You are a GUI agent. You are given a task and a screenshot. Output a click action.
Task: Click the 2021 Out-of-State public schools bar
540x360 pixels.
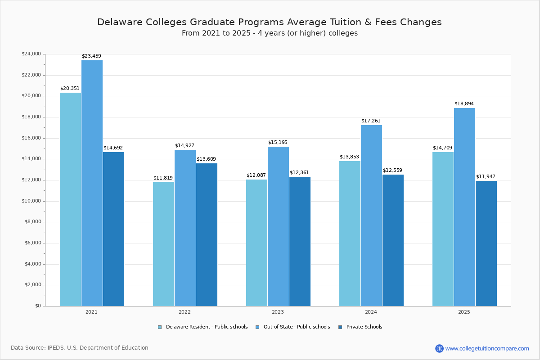point(92,183)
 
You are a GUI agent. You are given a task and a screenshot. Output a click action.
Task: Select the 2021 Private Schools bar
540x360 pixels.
point(113,229)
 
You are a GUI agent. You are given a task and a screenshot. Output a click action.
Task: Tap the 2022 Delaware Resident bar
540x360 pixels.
point(163,244)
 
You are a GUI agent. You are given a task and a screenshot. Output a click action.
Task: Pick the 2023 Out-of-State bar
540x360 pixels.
point(278,226)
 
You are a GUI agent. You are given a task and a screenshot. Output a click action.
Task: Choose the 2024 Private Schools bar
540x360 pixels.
point(393,240)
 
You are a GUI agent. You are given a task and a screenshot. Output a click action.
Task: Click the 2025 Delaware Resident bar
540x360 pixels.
point(443,229)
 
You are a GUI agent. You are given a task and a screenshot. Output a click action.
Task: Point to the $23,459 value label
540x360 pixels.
point(91,56)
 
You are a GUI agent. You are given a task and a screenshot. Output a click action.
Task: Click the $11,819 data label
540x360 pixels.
point(163,178)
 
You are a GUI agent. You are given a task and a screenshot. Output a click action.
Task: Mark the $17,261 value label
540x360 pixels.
point(371,121)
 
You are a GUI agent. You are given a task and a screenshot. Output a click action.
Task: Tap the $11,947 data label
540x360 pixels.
point(486,177)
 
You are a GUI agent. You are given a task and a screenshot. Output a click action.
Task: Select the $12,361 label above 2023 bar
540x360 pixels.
point(299,173)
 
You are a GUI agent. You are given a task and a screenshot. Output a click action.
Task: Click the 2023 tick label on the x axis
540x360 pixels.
point(278,312)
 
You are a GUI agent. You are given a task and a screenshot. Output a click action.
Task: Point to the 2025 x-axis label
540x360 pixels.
point(464,312)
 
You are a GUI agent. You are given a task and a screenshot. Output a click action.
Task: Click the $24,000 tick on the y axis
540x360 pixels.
point(31,54)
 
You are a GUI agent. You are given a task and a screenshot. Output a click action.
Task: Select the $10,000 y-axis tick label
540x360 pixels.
point(31,201)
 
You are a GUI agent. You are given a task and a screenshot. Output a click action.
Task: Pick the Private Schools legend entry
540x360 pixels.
point(364,327)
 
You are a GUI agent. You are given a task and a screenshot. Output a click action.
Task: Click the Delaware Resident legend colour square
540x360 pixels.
point(160,327)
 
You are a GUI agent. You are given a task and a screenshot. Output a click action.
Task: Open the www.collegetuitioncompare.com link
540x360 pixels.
point(487,348)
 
